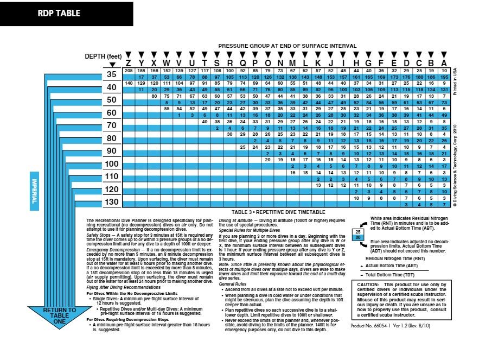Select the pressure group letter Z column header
(129, 62)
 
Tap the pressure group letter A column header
(444, 62)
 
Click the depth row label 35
(111, 74)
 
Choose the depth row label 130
(111, 202)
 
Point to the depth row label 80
(111, 138)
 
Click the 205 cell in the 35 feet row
(129, 71)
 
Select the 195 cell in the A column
(444, 77)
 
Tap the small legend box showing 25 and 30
(357, 234)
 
